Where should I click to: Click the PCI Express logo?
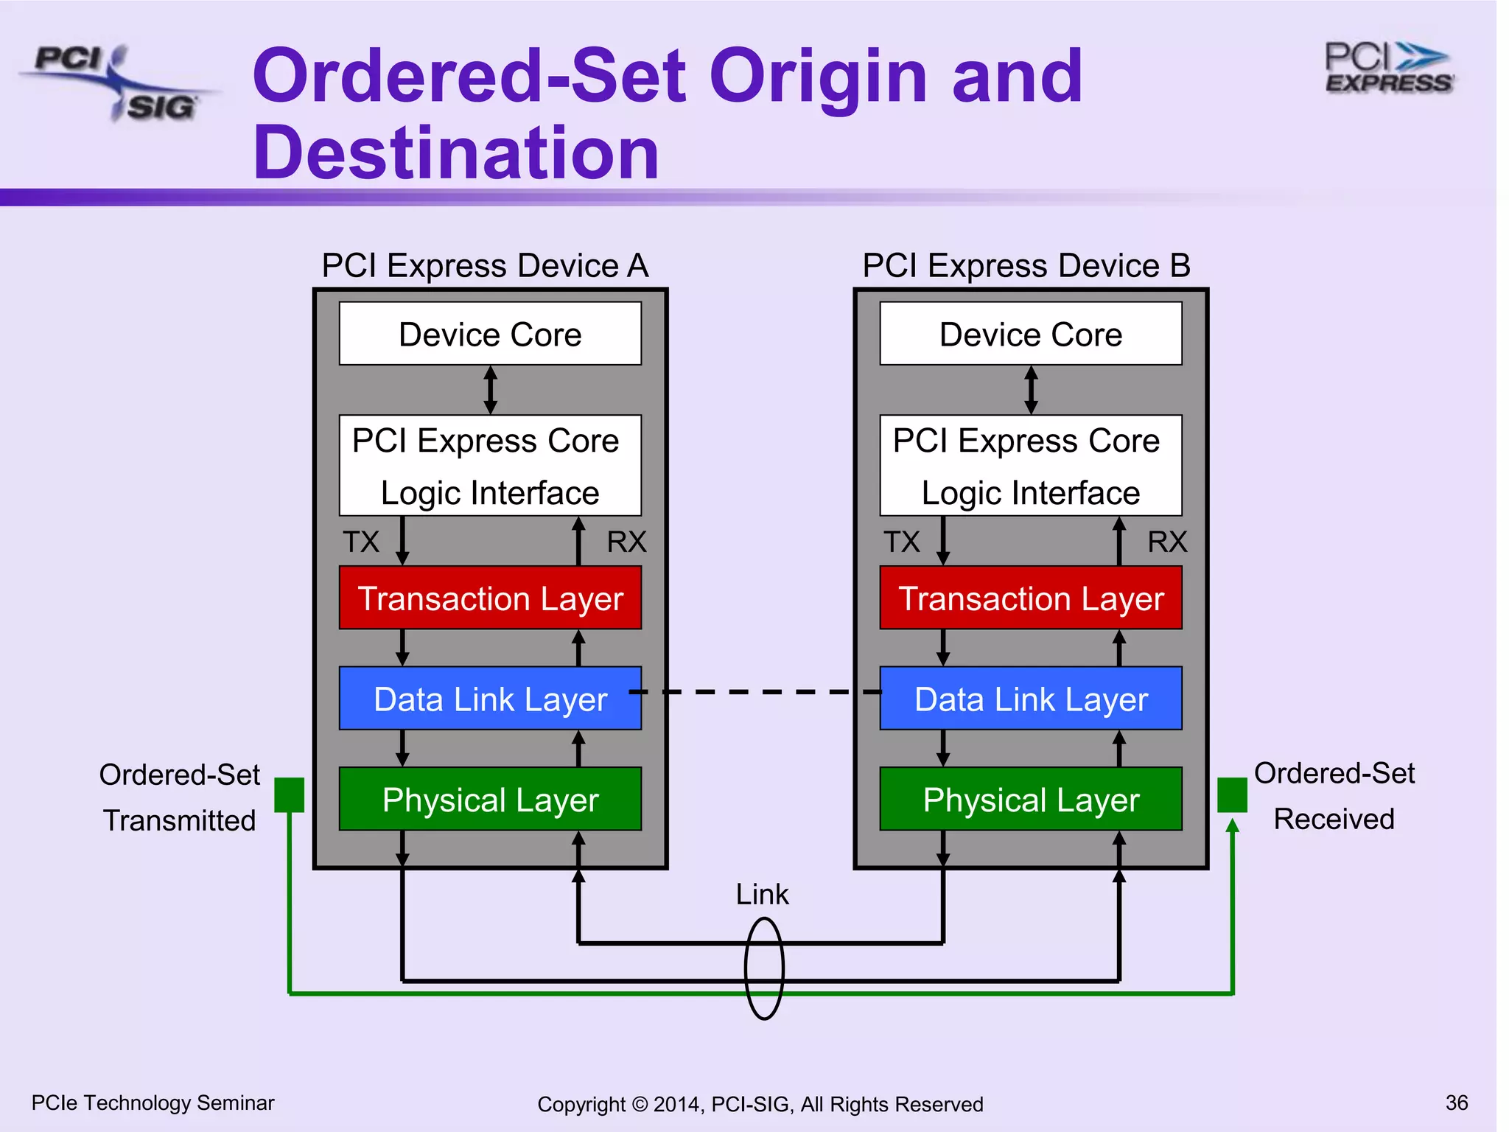coord(1389,68)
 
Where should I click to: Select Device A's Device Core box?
coord(490,334)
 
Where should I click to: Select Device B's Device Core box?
coord(1031,334)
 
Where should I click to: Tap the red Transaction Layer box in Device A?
coord(490,598)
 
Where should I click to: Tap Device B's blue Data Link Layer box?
coord(1031,699)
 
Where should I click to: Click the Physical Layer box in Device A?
coord(490,799)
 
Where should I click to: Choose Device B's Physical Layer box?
coord(1031,799)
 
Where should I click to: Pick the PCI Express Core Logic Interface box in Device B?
coord(1031,466)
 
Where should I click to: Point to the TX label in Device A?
coord(361,542)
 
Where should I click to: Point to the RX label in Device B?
coord(1167,542)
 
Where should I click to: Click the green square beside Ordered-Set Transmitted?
coord(290,795)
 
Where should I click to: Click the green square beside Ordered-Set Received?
coord(1232,794)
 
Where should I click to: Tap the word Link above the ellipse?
coord(762,895)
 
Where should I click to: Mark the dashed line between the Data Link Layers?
coord(759,692)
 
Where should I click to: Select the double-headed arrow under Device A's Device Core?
coord(490,390)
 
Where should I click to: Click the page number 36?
coord(1457,1103)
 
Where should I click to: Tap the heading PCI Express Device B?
coord(1026,266)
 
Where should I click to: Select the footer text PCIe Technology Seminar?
coord(153,1103)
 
